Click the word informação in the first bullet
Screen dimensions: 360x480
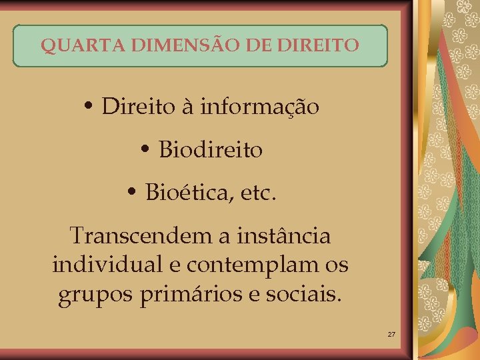[259, 107]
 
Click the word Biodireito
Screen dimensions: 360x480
[211, 151]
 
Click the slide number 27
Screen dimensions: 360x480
[391, 333]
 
